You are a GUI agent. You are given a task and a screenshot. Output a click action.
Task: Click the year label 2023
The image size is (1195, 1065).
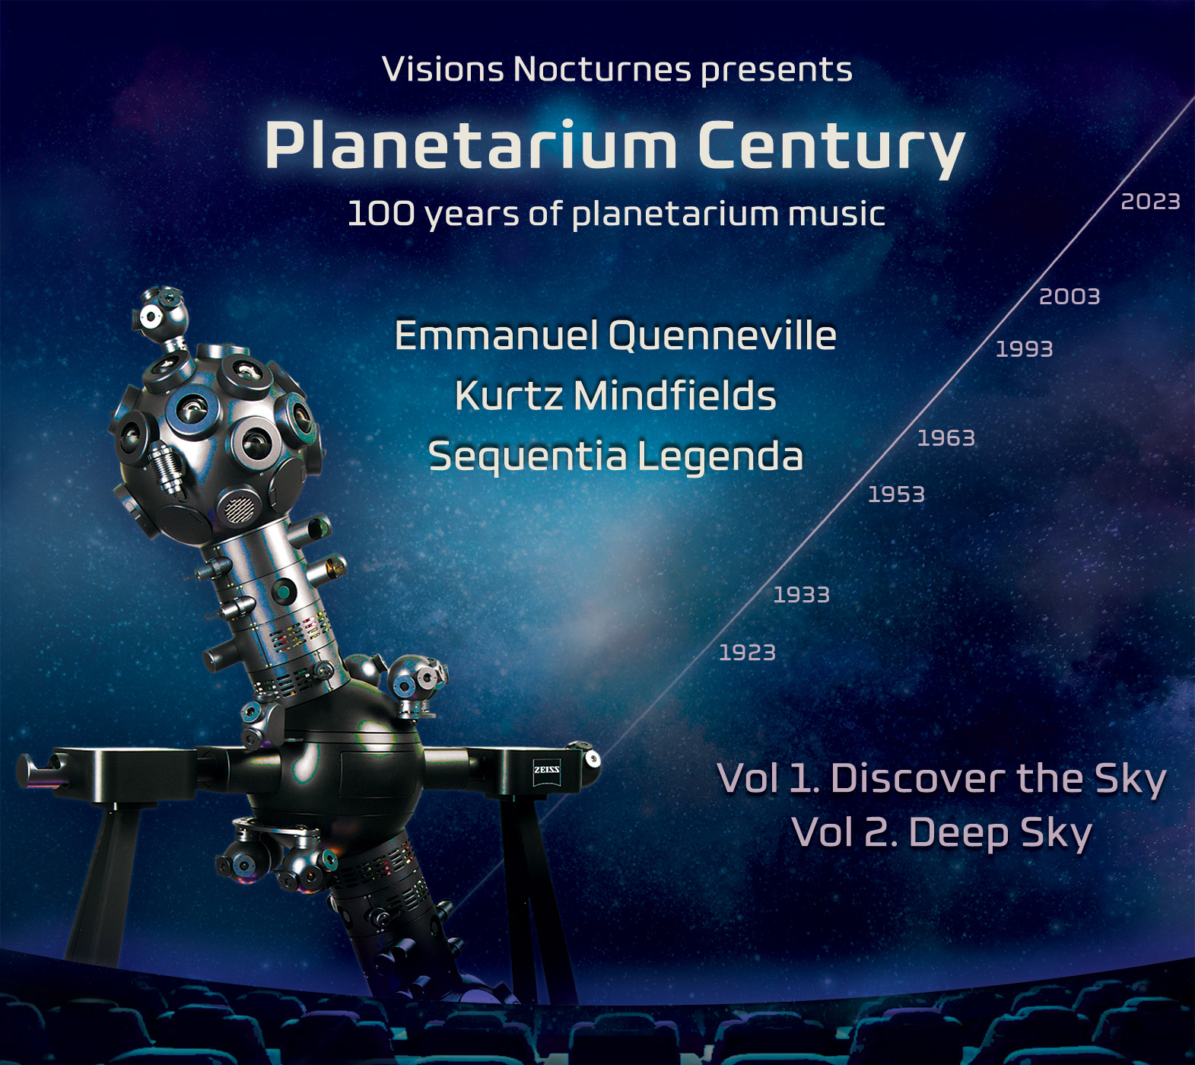pyautogui.click(x=1150, y=202)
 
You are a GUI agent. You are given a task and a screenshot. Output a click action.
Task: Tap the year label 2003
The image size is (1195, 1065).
pyautogui.click(x=1069, y=297)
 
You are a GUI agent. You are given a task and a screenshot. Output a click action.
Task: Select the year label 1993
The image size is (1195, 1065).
pyautogui.click(x=1025, y=349)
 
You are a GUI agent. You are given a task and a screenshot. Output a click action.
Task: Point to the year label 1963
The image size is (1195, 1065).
pyautogui.click(x=946, y=438)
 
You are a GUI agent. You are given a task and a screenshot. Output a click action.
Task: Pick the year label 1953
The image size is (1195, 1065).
pyautogui.click(x=897, y=494)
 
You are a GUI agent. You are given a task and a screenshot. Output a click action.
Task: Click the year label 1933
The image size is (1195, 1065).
pyautogui.click(x=802, y=595)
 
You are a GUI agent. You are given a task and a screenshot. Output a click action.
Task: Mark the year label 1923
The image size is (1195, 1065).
pyautogui.click(x=748, y=653)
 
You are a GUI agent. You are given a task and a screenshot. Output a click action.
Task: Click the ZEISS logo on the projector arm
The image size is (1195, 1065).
pyautogui.click(x=547, y=770)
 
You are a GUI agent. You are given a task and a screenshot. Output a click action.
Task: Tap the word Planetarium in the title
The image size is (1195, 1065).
pyautogui.click(x=471, y=145)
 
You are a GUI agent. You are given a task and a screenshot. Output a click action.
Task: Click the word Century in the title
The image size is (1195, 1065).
pyautogui.click(x=831, y=149)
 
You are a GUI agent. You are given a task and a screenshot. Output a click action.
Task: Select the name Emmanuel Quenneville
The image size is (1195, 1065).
pyautogui.click(x=615, y=335)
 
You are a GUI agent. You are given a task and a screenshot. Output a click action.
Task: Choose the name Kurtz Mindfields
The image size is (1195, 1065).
pyautogui.click(x=615, y=396)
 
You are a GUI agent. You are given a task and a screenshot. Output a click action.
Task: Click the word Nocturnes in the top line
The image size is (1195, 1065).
pyautogui.click(x=602, y=69)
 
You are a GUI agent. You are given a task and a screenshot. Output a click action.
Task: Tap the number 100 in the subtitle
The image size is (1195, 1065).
pyautogui.click(x=381, y=214)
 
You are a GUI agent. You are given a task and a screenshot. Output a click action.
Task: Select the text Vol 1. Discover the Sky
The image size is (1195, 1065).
pyautogui.click(x=942, y=779)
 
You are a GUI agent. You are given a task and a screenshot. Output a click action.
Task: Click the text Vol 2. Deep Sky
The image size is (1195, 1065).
pyautogui.click(x=942, y=834)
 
